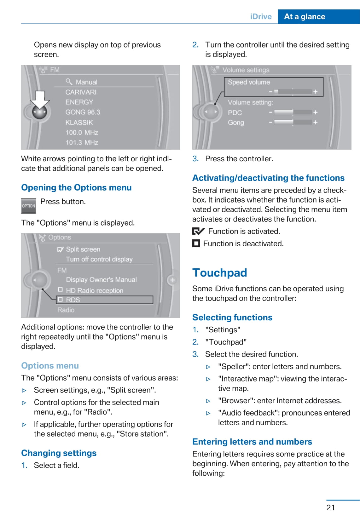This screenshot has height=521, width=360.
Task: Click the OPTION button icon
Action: point(28,206)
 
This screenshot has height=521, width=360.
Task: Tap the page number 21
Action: point(330,507)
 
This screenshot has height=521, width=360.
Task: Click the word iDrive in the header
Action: point(261,17)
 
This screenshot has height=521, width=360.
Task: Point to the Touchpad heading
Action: point(220,273)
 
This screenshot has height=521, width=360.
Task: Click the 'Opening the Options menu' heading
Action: point(76,188)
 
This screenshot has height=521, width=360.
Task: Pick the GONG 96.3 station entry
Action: point(83,112)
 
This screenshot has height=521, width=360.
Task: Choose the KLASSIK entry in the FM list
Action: point(79,123)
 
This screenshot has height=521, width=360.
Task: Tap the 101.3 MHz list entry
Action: point(82,143)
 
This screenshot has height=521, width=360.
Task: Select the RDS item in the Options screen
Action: point(73,300)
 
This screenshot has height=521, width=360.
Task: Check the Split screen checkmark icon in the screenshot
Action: point(60,249)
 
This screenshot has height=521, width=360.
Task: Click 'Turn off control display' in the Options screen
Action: point(99,259)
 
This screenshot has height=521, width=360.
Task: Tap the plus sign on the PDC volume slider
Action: point(315,112)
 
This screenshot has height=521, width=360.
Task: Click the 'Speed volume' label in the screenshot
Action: point(249,82)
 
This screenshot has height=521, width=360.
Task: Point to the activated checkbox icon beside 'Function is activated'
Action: point(198,232)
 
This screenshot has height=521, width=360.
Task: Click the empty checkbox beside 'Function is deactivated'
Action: point(196,243)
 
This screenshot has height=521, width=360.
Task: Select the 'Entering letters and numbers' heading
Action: point(252,442)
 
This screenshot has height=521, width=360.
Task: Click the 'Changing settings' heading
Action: point(59,453)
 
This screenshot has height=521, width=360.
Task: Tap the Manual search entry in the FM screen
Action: point(86,82)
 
